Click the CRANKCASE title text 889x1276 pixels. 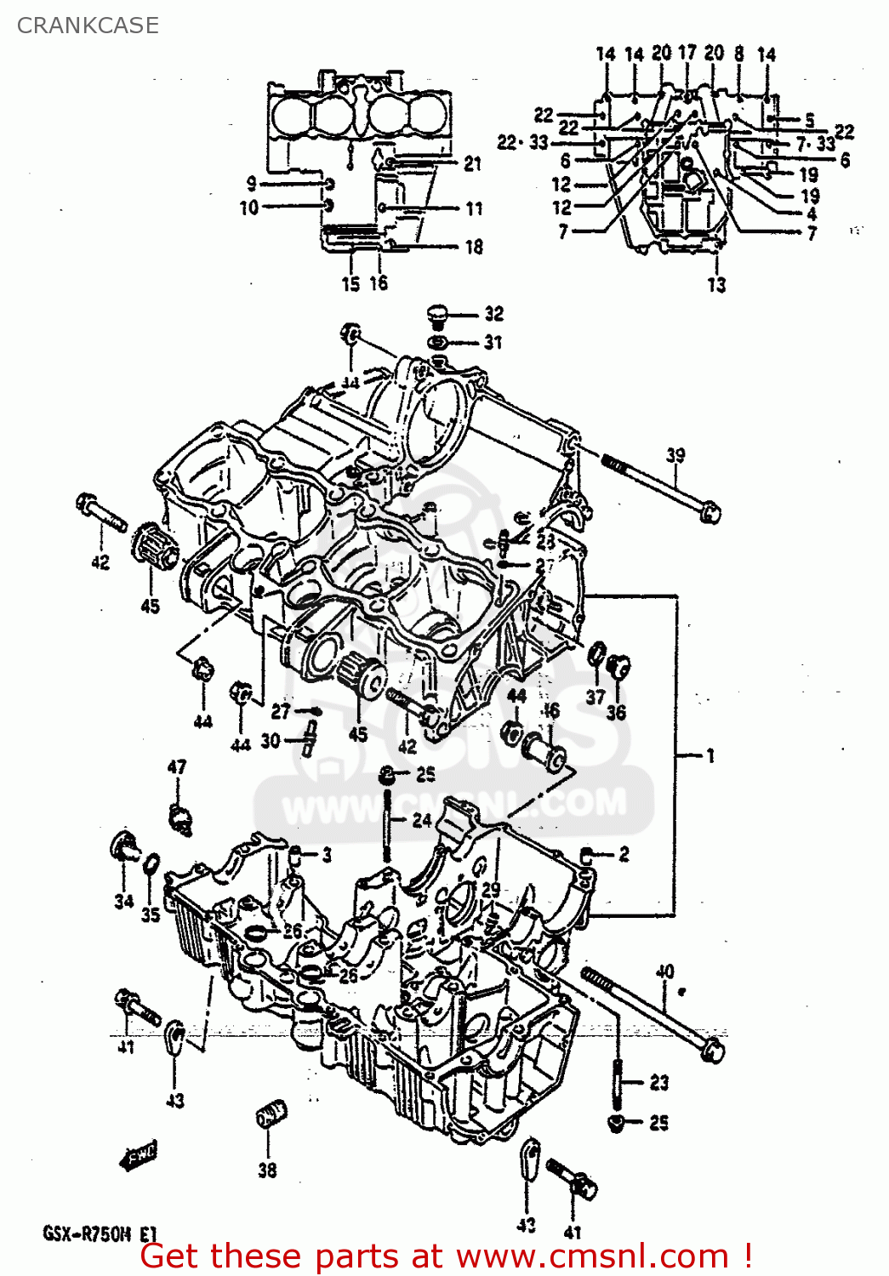coord(88,26)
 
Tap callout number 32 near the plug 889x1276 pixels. coord(494,314)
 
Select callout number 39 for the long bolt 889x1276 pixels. coord(675,455)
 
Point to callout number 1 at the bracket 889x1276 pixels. coord(709,755)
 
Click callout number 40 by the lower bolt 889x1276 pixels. coord(664,971)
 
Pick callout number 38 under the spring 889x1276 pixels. coord(267,1171)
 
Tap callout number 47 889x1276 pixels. coord(177,766)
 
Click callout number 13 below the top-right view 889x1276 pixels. coord(716,284)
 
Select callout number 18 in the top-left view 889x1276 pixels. coord(474,247)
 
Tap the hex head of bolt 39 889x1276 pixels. coord(709,513)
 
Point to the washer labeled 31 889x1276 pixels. coord(438,342)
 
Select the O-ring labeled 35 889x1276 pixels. coord(151,863)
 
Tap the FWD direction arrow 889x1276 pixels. coord(139,1155)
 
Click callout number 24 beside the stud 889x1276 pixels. coord(422,820)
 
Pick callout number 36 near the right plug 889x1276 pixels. coord(616,712)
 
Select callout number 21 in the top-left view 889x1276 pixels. coord(473,163)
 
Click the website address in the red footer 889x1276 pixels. coord(592,1256)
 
